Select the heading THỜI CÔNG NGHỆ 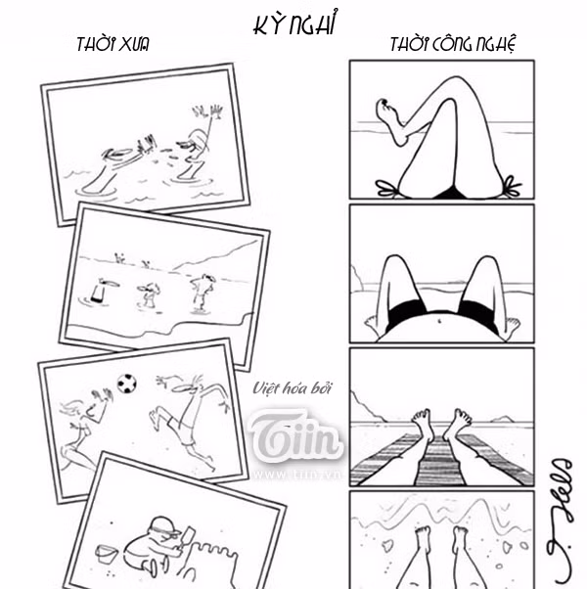tap(452, 45)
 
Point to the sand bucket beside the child tap(107, 556)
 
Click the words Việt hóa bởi tap(293, 388)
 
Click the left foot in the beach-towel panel tap(423, 423)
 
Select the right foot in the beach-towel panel tap(457, 423)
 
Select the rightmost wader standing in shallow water tap(203, 291)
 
